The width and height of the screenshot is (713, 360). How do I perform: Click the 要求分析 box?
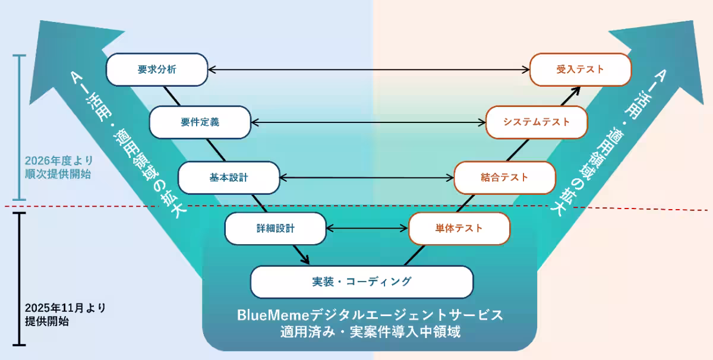click(x=157, y=70)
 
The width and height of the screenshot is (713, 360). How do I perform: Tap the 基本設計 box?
click(x=229, y=178)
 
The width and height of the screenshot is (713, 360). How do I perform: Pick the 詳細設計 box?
click(x=276, y=228)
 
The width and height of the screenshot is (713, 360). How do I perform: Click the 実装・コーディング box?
click(x=362, y=282)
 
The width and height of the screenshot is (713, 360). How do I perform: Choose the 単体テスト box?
click(x=459, y=228)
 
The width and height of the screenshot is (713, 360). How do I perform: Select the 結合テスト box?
click(x=504, y=178)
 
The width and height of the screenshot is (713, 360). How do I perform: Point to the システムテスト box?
click(x=537, y=122)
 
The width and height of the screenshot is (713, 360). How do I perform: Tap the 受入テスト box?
click(x=580, y=70)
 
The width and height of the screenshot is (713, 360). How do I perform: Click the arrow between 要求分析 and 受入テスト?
click(x=368, y=70)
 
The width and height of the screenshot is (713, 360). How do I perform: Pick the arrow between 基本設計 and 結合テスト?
click(x=367, y=178)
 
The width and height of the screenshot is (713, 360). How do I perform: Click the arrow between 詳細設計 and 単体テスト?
click(x=368, y=228)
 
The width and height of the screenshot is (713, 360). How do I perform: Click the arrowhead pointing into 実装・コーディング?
click(x=305, y=260)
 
